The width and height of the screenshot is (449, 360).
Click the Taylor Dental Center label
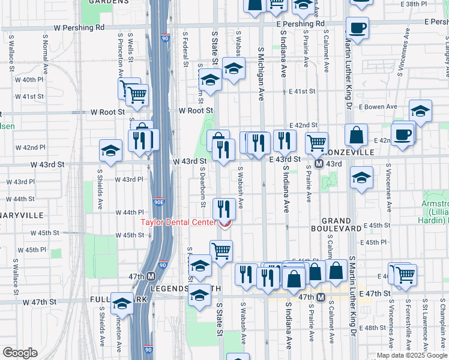coord(178,222)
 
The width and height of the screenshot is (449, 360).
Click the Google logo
coord(20,353)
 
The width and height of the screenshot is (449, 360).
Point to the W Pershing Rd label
coord(79,28)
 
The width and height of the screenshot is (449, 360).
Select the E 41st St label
coord(301,91)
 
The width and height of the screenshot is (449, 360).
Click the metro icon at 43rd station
coord(320,164)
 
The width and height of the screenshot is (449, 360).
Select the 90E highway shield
coord(158,202)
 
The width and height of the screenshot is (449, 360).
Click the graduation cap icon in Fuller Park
coord(122,304)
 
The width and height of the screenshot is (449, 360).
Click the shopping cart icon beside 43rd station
coord(316,143)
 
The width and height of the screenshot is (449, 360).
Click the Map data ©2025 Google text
coord(411,355)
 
